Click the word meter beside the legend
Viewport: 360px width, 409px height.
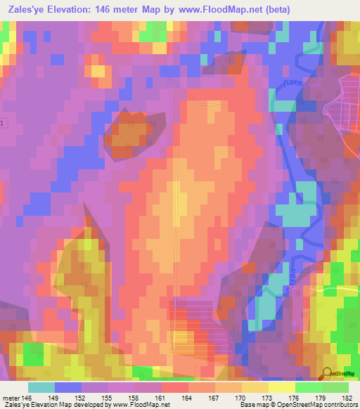(x=11, y=397)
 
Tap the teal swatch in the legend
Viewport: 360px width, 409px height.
(x=41, y=387)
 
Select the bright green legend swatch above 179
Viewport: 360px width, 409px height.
(x=309, y=387)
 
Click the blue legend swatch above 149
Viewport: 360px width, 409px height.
(x=68, y=387)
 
